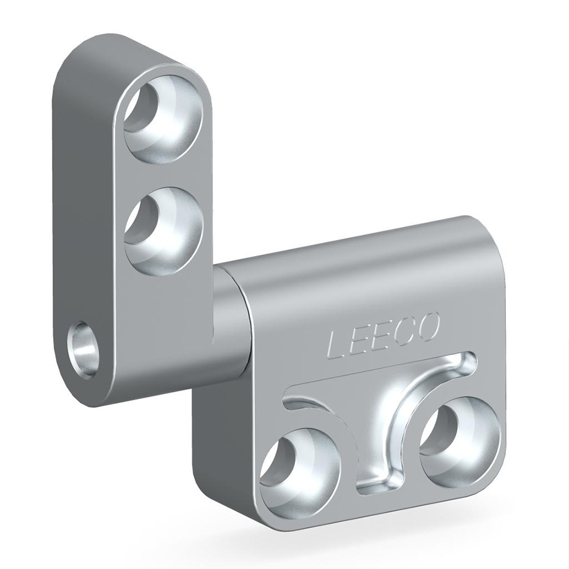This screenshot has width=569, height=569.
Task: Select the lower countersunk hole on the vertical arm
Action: point(163,231)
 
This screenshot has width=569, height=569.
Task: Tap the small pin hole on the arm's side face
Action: point(84,346)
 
